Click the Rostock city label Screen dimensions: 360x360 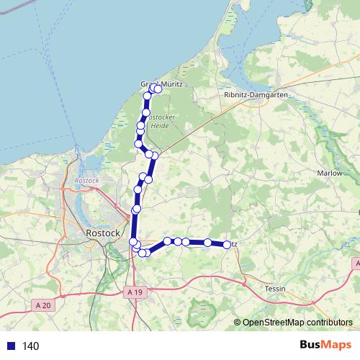coord(102,233)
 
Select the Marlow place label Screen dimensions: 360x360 coord(329,173)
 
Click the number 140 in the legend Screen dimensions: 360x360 coord(31,346)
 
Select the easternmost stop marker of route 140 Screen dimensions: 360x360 coord(227,245)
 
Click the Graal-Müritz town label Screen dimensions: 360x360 coord(162,84)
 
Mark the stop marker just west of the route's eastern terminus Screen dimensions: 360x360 coord(207,243)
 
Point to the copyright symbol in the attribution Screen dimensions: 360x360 coord(238,323)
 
